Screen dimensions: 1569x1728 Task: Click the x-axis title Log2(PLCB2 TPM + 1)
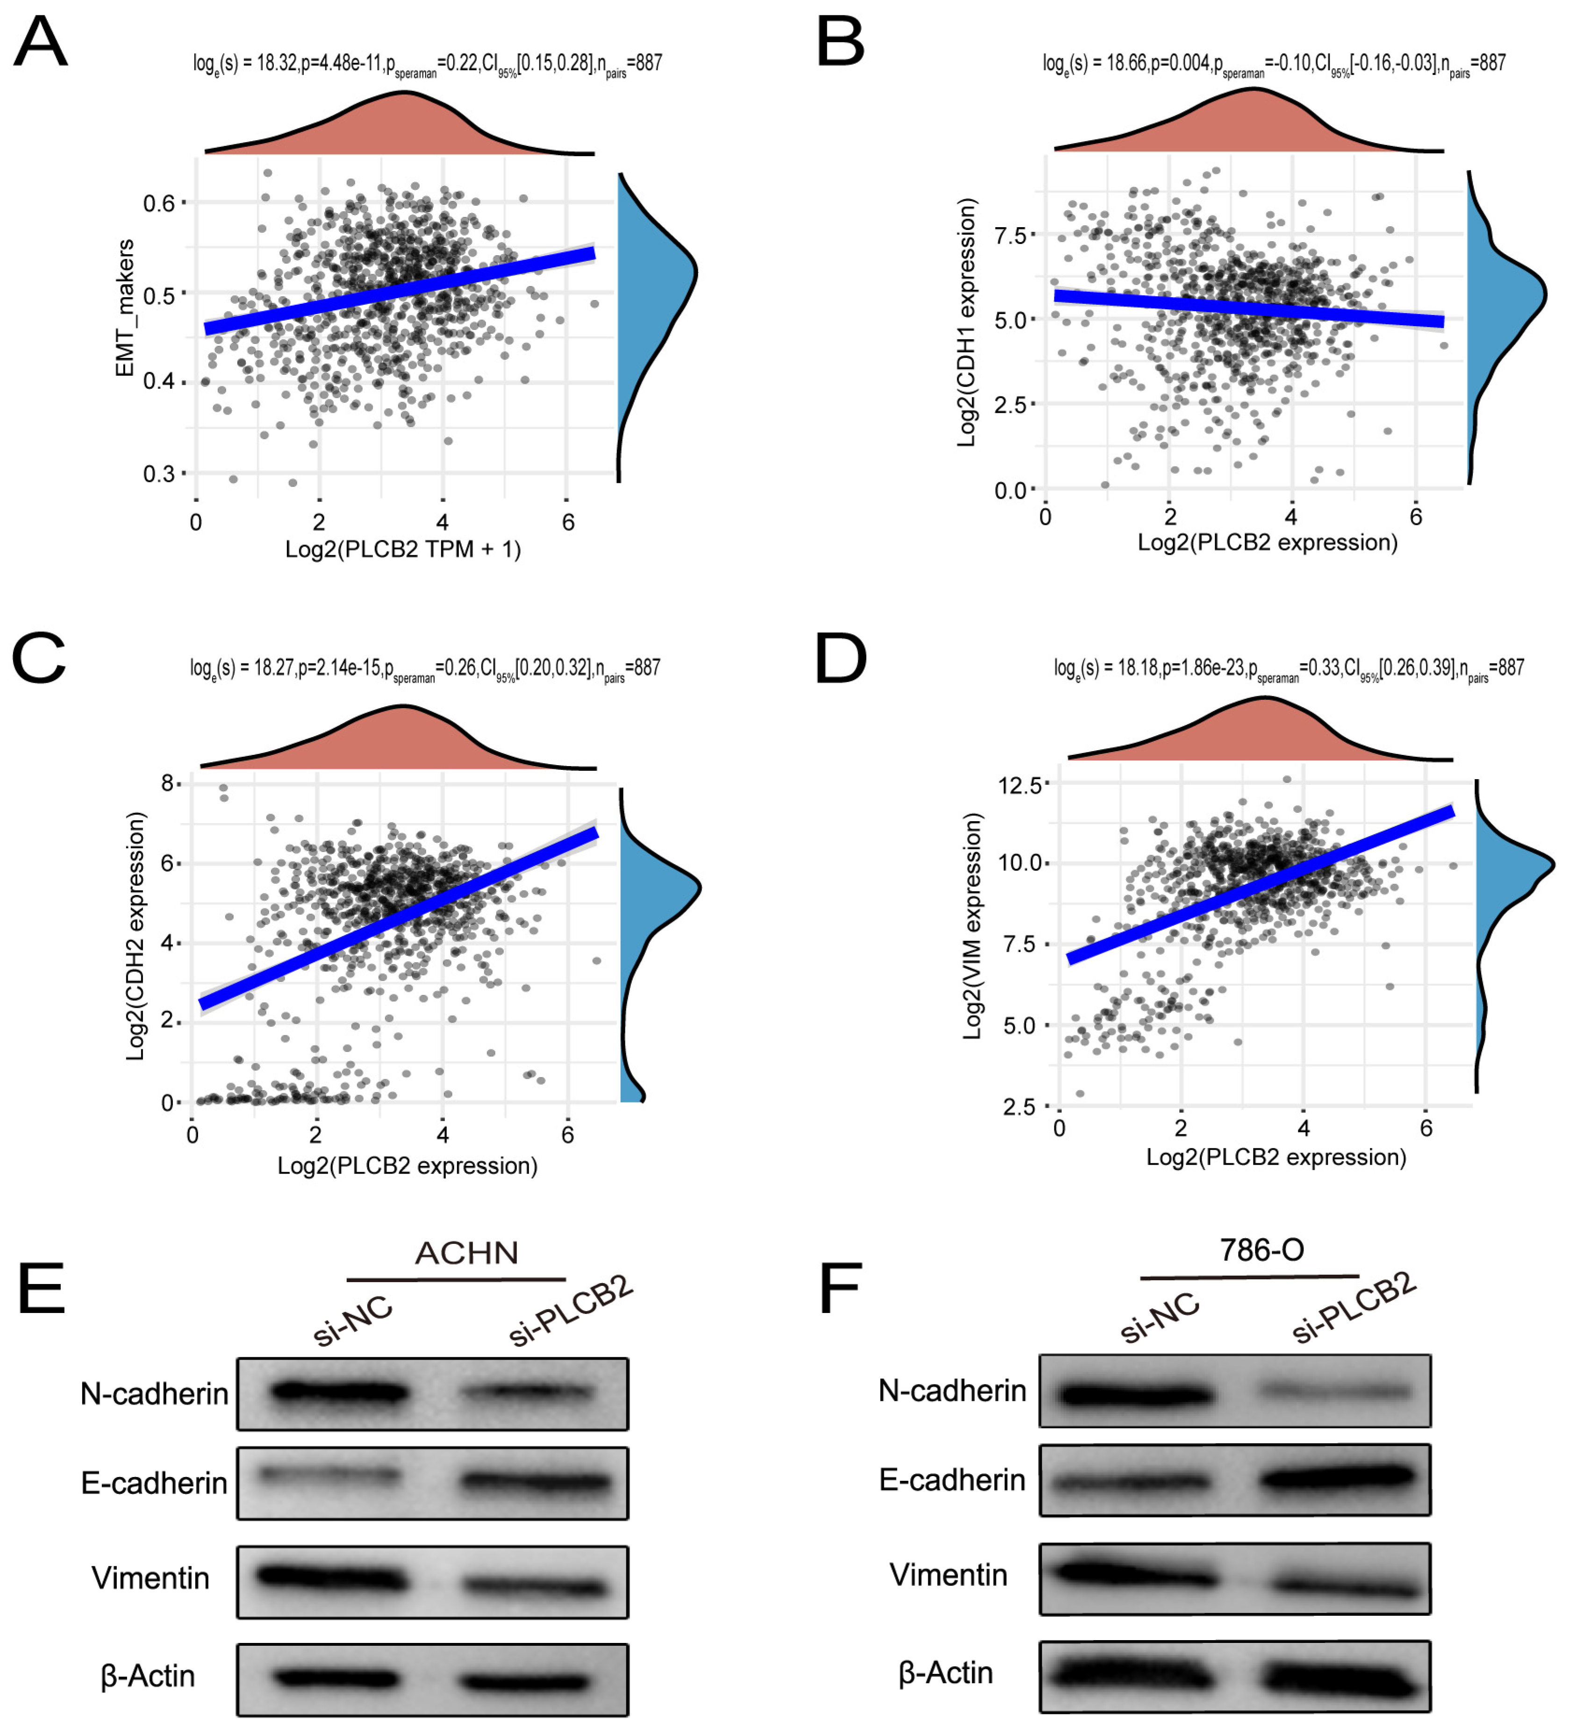click(x=403, y=549)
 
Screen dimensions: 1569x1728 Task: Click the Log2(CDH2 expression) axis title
click(x=136, y=936)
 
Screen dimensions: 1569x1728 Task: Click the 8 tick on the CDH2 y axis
click(x=167, y=783)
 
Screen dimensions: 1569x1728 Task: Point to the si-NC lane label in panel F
click(x=1160, y=1318)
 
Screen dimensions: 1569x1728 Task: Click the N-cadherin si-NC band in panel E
click(x=340, y=1392)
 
